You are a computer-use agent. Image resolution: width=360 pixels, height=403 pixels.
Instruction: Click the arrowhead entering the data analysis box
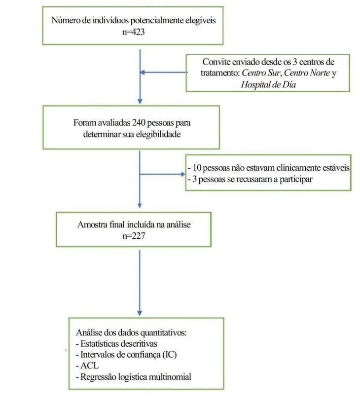[x=140, y=313]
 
